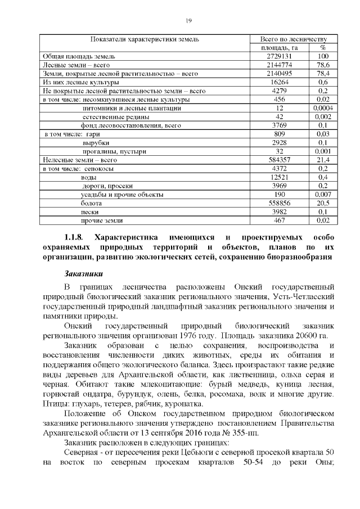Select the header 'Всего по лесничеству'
coord(286,39)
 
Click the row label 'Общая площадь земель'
coord(79,56)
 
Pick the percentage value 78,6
coord(323,65)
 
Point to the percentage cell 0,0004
coord(323,107)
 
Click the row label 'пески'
coord(91,211)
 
